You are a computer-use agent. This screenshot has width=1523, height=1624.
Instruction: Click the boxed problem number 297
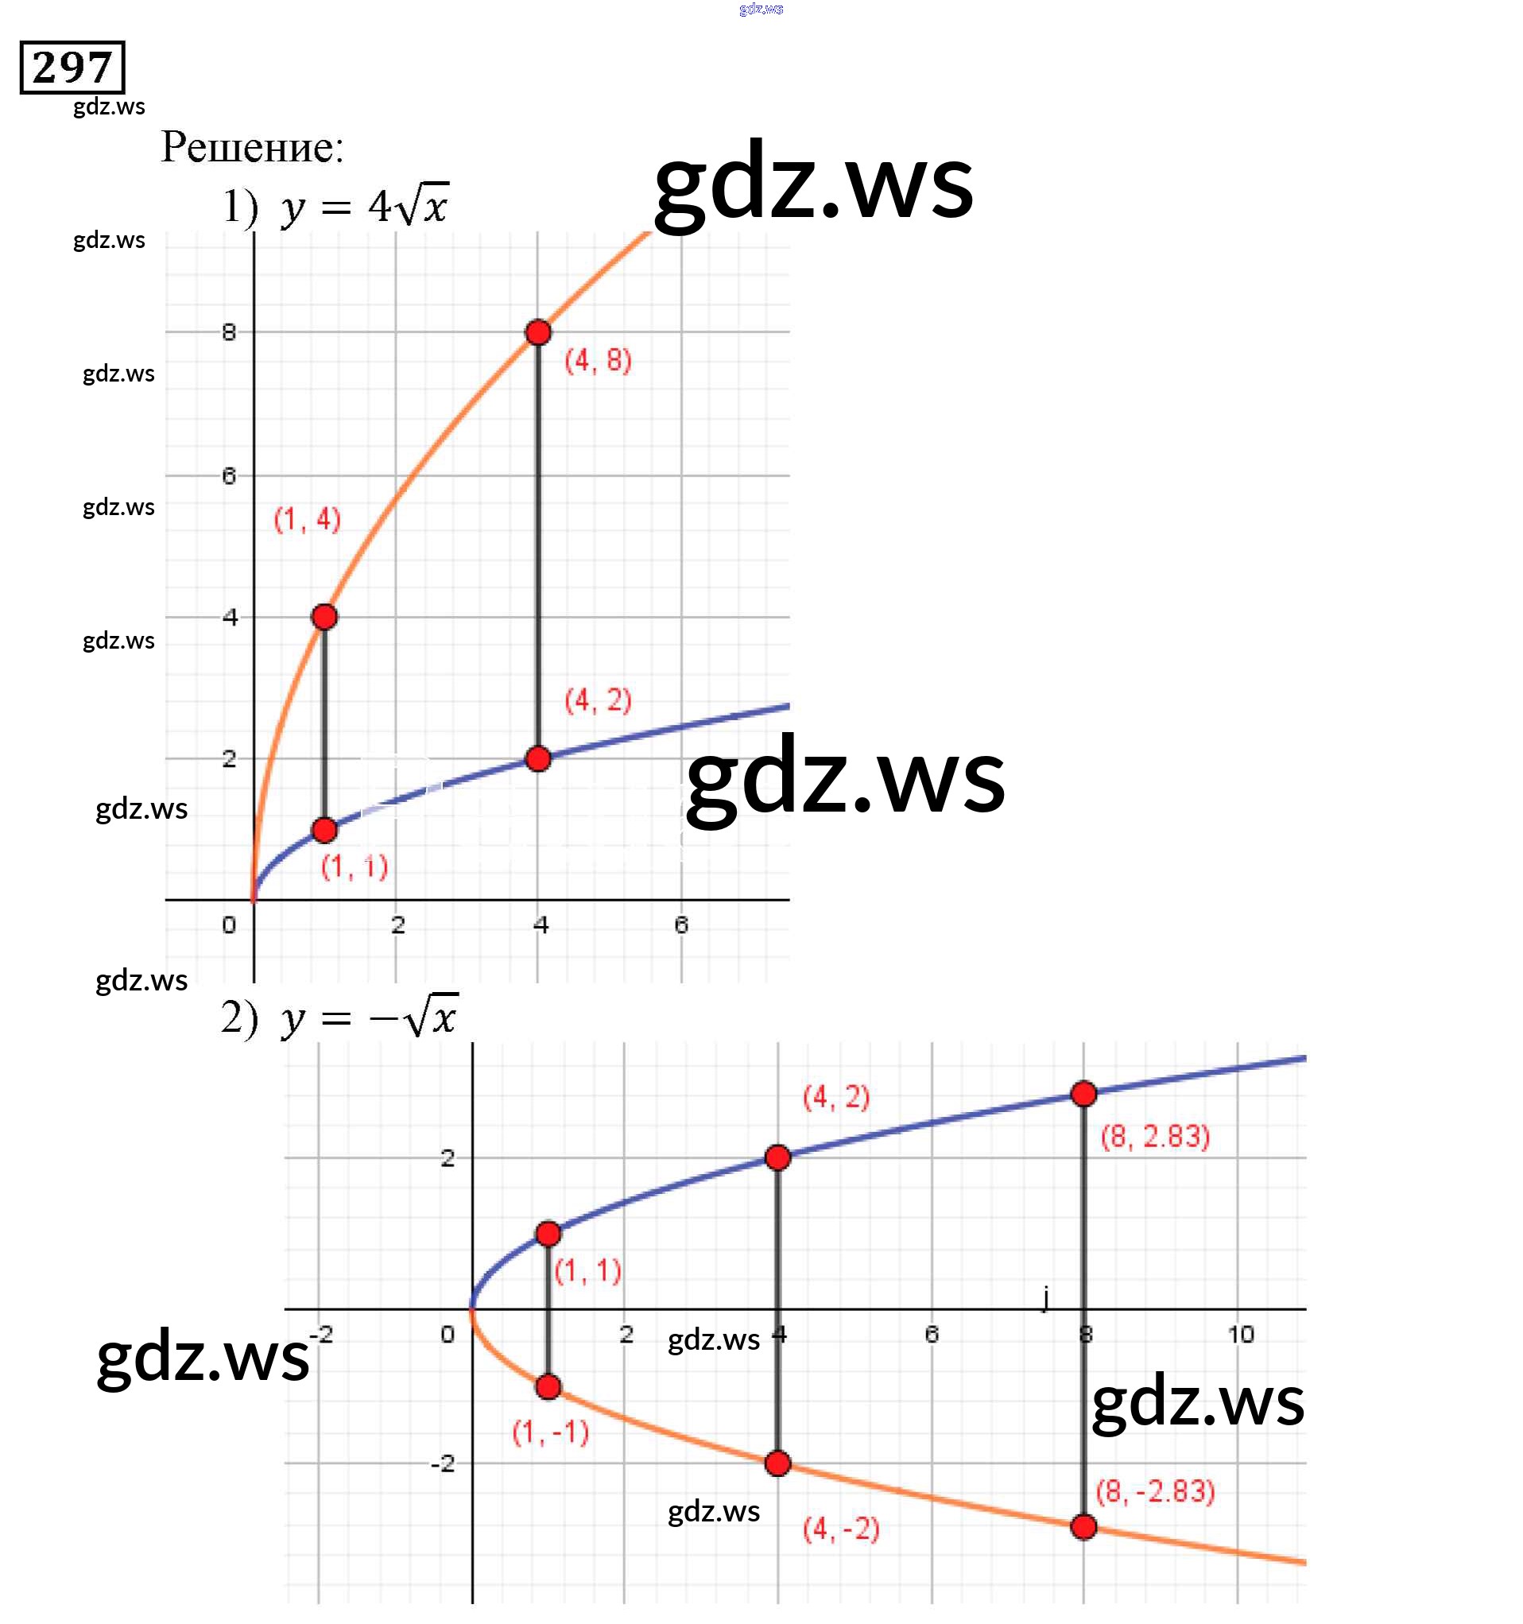pos(72,67)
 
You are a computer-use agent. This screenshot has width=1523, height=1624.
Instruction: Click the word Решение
pos(252,148)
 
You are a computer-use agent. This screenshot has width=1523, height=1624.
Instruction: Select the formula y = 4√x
pos(364,207)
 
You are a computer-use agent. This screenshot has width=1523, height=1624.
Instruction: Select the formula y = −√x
pos(370,1017)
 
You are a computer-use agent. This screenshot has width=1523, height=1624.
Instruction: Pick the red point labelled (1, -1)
pos(548,1387)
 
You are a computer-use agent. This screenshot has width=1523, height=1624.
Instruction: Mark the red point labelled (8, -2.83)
pos(1083,1527)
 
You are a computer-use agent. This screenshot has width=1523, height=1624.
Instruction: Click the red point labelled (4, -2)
pos(778,1463)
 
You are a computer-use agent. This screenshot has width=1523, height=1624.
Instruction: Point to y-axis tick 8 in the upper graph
pos(229,331)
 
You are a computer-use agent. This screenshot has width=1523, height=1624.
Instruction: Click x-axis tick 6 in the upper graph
pos(681,924)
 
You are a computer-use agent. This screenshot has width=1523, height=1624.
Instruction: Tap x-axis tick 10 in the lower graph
pos(1240,1335)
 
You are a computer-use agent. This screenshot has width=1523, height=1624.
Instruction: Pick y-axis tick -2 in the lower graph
pos(443,1463)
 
